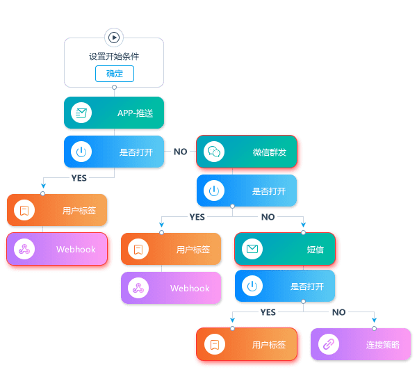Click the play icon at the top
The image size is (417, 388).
point(114,38)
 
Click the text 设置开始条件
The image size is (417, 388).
point(114,56)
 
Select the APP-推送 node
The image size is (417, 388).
point(114,113)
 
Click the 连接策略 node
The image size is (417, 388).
point(361,344)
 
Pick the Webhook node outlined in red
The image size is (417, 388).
point(58,249)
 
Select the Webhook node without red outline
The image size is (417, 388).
point(171,288)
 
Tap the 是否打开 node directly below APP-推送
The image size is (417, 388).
point(114,152)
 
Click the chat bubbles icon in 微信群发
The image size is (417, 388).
point(213,152)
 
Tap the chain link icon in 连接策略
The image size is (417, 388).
point(328,344)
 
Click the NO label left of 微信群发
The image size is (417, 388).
point(180,152)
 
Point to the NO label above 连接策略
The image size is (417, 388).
point(338,312)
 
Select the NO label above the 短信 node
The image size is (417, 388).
point(268,217)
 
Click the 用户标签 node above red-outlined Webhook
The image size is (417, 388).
point(58,210)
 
